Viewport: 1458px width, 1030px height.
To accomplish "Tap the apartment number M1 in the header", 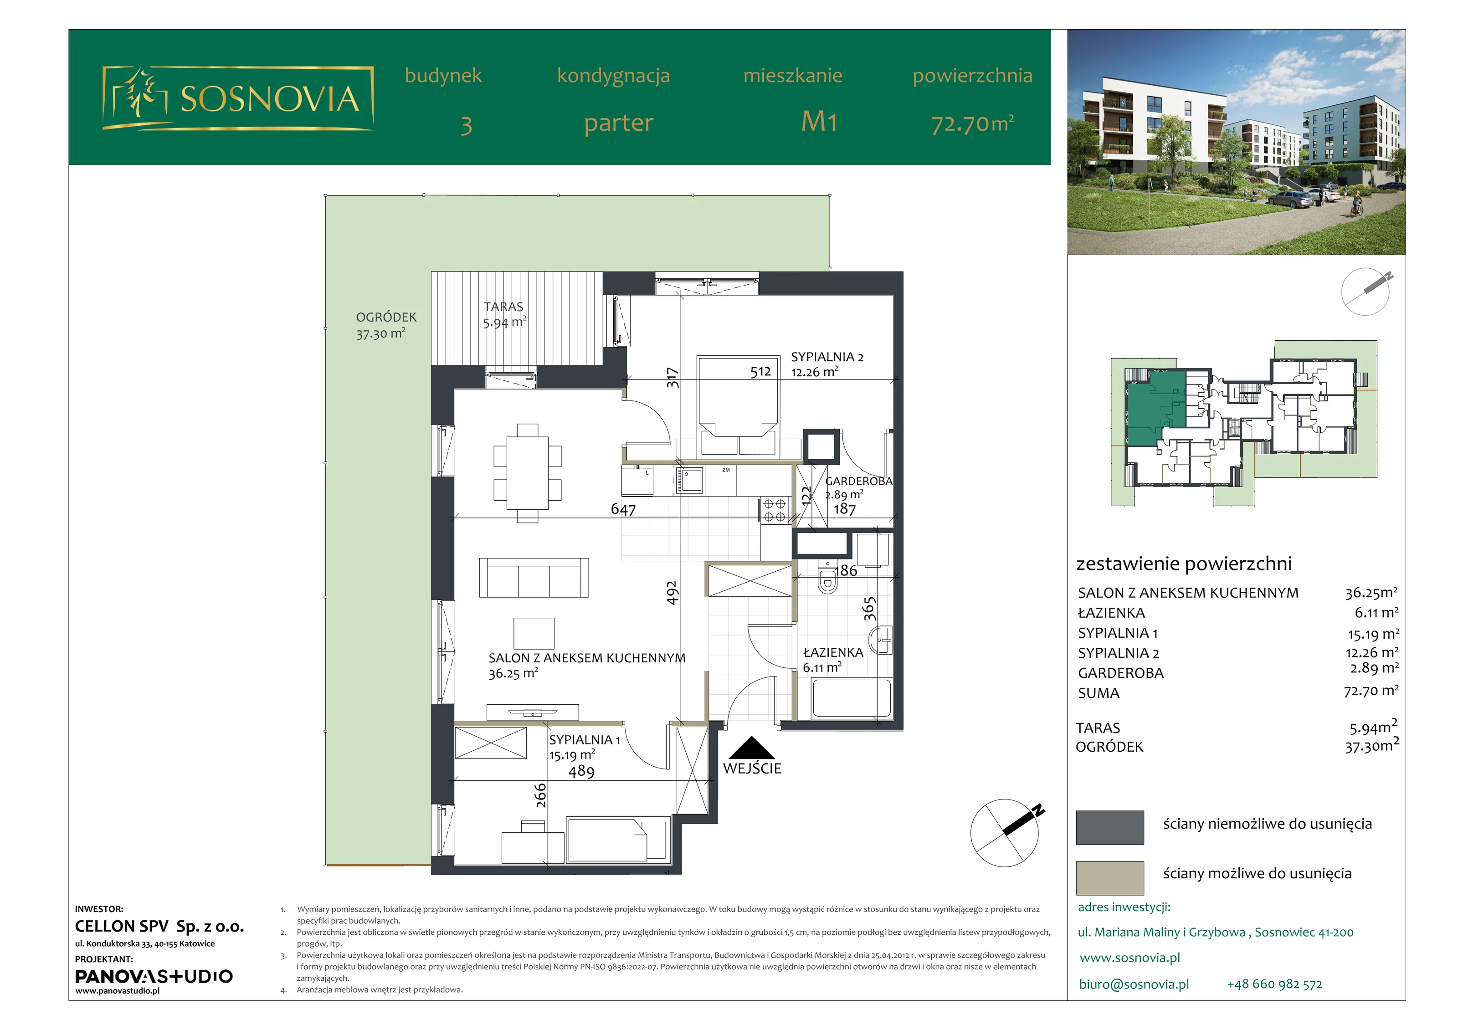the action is pos(819,121).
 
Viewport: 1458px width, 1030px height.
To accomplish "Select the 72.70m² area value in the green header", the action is pos(972,123).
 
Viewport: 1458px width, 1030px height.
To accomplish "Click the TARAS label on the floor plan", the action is pos(503,307).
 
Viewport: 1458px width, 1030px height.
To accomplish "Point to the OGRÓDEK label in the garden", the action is pos(386,317).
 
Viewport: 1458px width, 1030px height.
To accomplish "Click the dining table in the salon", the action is pos(528,473).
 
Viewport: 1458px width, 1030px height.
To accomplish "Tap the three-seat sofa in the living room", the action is pos(534,577).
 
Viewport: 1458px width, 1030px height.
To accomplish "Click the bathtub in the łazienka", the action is pos(852,698).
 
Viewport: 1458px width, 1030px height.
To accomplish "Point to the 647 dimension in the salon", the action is pos(623,509).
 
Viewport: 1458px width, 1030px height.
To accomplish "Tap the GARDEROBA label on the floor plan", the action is pos(858,482).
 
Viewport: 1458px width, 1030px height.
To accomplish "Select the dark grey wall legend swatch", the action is pos(1109,827).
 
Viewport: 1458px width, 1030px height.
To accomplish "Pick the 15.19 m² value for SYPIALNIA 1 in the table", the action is pos(1373,633).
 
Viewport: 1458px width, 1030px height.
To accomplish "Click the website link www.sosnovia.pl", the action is pos(1129,958).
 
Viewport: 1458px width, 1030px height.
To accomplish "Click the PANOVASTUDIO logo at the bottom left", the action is pos(154,976).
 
